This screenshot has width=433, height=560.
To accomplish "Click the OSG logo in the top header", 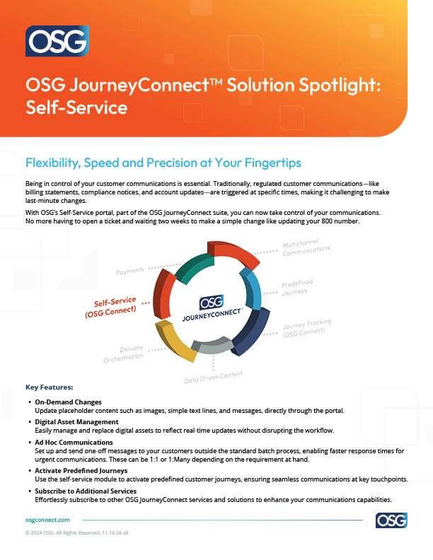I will (57, 41).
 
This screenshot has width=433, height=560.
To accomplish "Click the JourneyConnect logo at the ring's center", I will (213, 306).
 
